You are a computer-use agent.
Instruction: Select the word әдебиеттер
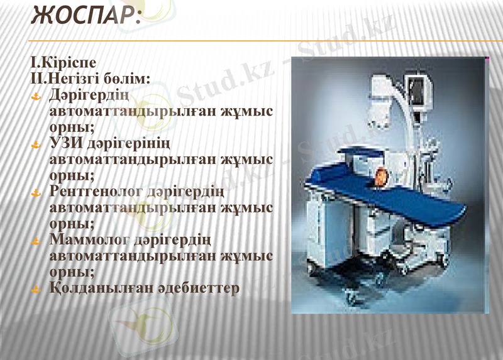(201, 288)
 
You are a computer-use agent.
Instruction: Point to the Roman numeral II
(35, 80)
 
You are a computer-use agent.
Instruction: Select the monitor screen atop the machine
(416, 91)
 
